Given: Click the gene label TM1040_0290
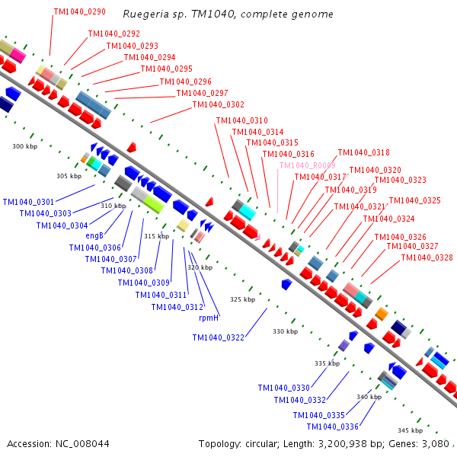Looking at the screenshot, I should click(80, 13).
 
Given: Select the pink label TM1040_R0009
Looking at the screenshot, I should click(307, 165).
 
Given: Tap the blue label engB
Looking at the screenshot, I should click(94, 235).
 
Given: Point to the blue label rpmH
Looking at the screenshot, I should click(209, 318).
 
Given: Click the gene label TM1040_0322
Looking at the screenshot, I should click(219, 337).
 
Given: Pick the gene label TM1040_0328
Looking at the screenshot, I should click(427, 257).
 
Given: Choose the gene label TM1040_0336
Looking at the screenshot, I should click(333, 427).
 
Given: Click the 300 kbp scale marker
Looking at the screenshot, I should click(24, 146).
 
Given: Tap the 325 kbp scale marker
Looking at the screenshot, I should click(242, 299).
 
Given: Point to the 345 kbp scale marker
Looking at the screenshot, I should click(410, 430).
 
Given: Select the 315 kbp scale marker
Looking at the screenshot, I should click(156, 236).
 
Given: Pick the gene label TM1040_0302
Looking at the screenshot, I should click(219, 105).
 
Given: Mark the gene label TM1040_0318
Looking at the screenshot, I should click(363, 152).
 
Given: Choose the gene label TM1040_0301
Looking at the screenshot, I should click(28, 202).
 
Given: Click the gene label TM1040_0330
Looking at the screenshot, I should click(283, 388).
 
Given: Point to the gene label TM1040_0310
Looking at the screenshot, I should click(242, 120).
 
